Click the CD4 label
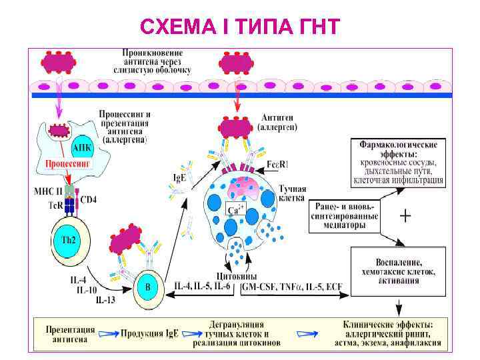89,198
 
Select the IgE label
178,178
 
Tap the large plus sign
404,216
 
